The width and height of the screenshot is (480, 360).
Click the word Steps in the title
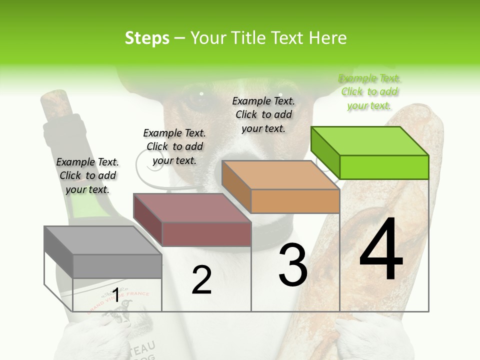147,38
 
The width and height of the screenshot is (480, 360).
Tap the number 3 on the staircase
292,265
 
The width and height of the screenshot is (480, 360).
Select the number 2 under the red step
201,280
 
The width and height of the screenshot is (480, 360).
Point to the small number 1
115,295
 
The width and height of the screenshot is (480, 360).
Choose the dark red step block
192,220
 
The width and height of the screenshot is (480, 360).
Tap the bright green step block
370,152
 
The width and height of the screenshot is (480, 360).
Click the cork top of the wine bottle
54,102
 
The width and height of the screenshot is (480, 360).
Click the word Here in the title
327,38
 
